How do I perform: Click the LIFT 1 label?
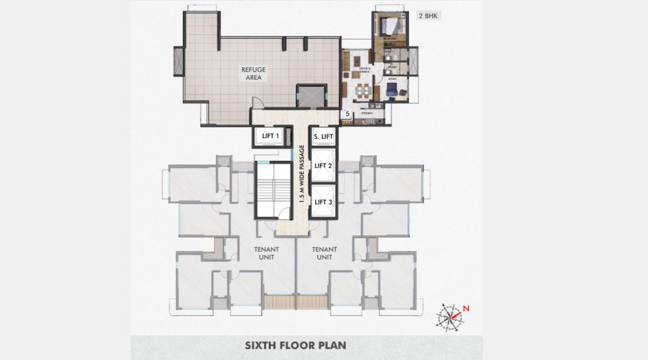pyautogui.click(x=271, y=136)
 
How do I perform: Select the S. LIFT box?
pyautogui.click(x=323, y=137)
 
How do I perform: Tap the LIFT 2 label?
pyautogui.click(x=323, y=166)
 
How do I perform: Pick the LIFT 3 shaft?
pyautogui.click(x=323, y=202)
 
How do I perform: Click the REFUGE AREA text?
pyautogui.click(x=254, y=73)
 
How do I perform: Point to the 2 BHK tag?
pyautogui.click(x=428, y=16)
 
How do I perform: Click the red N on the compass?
pyautogui.click(x=466, y=309)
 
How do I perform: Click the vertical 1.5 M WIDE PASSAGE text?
pyautogui.click(x=301, y=174)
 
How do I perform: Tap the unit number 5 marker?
pyautogui.click(x=347, y=114)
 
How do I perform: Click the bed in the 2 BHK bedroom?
pyautogui.click(x=391, y=26)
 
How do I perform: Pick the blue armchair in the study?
pyautogui.click(x=392, y=90)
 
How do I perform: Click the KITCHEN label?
pyautogui.click(x=367, y=113)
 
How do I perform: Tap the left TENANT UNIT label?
pyautogui.click(x=266, y=253)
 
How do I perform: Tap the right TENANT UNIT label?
pyautogui.click(x=324, y=253)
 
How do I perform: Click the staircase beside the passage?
pyautogui.click(x=273, y=190)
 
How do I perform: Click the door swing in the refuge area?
pyautogui.click(x=258, y=103)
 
